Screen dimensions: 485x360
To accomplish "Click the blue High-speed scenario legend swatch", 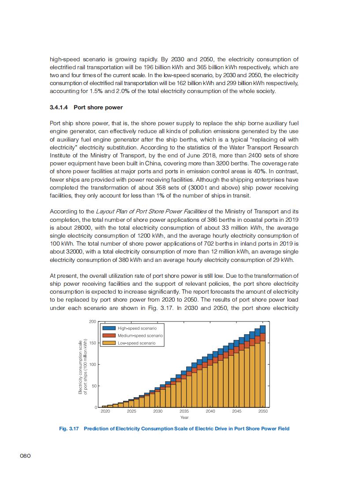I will point(109,328).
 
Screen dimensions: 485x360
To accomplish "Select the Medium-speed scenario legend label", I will point(140,336).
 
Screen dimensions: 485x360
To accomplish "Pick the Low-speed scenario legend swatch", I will point(109,343).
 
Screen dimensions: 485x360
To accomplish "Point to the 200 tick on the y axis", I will point(92,321).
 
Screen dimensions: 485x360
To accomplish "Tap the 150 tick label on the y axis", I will point(92,343).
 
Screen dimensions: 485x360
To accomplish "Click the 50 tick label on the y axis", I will point(93,386).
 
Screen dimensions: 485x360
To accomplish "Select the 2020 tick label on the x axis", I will point(105,411).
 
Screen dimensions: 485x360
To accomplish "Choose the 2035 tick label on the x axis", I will point(184,411).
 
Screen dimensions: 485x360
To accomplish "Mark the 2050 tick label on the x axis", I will point(263,411).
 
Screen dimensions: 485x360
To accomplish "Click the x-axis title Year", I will point(184,417).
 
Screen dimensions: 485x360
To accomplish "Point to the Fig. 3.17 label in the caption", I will point(68,428).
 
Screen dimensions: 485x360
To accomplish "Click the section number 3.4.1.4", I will point(60,107).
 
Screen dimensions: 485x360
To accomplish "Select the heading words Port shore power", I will point(98,107).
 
